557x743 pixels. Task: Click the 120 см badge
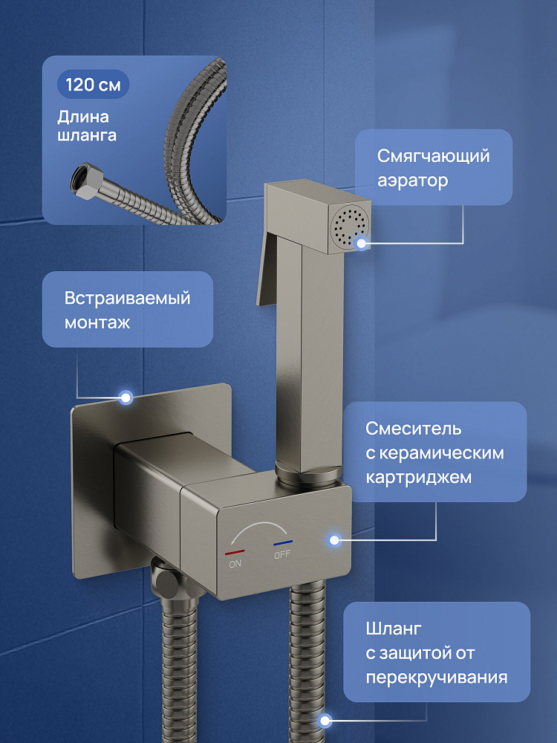[x=93, y=85]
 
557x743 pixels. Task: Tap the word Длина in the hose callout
[x=83, y=117]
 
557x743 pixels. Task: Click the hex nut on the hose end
[x=85, y=181]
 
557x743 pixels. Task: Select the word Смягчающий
[x=434, y=156]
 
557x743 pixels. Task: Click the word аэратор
[x=412, y=181]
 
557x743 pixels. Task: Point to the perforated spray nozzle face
[x=351, y=228]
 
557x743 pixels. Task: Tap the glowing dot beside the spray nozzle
[x=362, y=243]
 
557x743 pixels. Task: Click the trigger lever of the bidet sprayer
[x=267, y=270]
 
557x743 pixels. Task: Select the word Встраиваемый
[x=128, y=299]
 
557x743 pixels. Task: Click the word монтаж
[x=97, y=323]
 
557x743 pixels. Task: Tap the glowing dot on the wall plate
[x=126, y=398]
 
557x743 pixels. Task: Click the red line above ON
[x=235, y=553]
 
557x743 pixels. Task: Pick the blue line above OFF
[x=283, y=543]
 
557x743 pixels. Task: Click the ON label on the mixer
[x=235, y=564]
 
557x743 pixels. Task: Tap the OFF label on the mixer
[x=282, y=554]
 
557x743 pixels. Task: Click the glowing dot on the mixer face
[x=334, y=539]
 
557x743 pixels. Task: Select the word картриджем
[x=418, y=477]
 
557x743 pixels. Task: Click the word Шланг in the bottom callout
[x=393, y=629]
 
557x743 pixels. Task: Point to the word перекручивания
[x=436, y=677]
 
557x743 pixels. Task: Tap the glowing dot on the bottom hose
[x=325, y=721]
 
